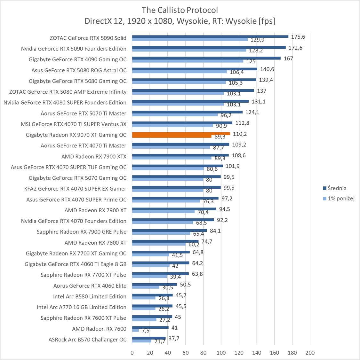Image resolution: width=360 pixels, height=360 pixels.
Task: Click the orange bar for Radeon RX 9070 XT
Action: click(181, 134)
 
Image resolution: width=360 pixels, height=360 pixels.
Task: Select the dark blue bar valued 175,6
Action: click(210, 36)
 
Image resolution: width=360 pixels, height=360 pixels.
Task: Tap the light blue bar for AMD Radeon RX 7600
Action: click(136, 330)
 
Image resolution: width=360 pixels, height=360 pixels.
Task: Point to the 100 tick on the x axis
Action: click(221, 353)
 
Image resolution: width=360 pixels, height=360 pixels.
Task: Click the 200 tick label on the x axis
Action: click(310, 353)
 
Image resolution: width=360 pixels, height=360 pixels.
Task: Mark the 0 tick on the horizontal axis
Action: click(132, 353)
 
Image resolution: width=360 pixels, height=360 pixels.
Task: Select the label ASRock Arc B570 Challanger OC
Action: click(87, 340)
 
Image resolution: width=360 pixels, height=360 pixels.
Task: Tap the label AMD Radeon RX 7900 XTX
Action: click(94, 156)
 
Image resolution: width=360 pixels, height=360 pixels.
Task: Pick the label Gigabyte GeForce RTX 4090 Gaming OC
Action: click(77, 59)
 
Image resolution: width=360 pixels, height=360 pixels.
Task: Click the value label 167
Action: click(288, 59)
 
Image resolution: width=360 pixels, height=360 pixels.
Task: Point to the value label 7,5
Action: click(146, 331)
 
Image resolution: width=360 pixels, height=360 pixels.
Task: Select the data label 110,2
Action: click(240, 134)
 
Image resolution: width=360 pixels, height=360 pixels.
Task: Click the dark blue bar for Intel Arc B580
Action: click(152, 295)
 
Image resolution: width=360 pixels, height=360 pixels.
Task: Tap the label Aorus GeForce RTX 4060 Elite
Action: click(90, 286)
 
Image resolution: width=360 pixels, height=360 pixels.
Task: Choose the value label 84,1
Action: click(215, 231)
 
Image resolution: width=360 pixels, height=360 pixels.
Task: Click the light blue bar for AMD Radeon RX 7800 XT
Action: click(159, 244)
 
